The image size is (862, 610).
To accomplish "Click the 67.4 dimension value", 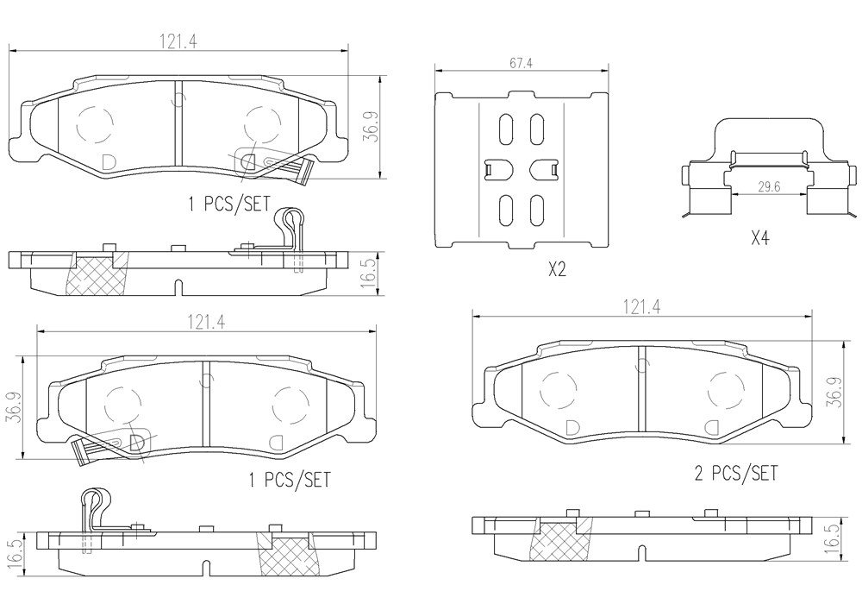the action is point(521,63).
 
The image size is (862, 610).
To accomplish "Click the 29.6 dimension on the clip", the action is point(769,186).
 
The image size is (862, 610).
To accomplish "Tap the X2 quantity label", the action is point(557,269).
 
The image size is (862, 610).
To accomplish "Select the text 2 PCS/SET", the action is point(736,473).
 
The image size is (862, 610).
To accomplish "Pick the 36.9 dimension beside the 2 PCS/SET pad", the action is point(837,393).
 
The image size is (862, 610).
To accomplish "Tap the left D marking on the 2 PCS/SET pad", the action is point(572,428).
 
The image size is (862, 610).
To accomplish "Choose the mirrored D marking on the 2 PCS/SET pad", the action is point(713,428).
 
